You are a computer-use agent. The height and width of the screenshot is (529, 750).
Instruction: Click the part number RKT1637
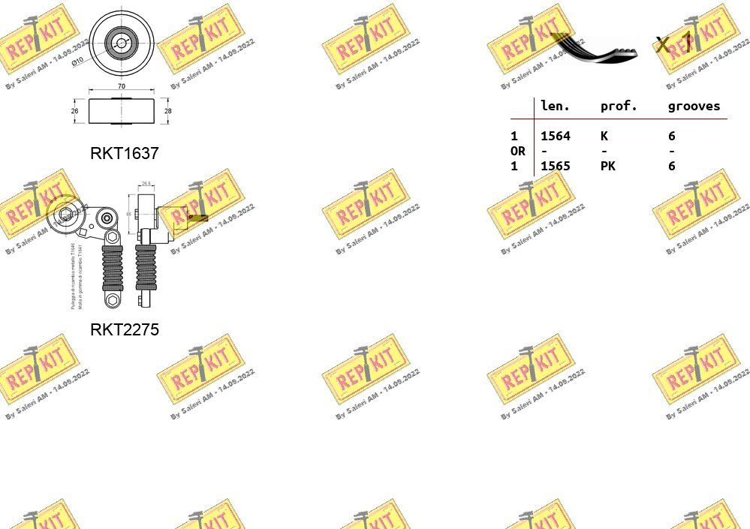125,153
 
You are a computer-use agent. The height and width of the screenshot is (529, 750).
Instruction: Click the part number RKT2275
125,329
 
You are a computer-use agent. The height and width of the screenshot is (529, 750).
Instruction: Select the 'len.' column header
555,107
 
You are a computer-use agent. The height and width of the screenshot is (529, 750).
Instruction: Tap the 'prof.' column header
619,107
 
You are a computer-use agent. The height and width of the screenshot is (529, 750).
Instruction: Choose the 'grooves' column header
694,107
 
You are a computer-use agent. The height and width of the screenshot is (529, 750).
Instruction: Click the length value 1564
556,136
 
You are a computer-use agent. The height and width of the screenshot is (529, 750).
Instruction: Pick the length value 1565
556,166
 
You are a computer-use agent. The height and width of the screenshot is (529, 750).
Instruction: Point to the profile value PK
607,166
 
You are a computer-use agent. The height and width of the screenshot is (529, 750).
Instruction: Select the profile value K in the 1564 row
604,136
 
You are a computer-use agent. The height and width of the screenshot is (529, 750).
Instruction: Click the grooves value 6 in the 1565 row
671,166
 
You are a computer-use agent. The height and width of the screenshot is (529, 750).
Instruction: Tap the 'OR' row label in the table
517,151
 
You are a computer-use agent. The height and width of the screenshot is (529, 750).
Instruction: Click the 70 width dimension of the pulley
121,87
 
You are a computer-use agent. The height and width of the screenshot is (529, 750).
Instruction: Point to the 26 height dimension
75,111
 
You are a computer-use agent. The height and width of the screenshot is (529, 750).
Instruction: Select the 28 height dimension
167,111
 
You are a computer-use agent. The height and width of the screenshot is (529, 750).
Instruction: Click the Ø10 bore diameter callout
78,62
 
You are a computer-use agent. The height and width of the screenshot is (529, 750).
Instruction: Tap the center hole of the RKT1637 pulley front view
122,42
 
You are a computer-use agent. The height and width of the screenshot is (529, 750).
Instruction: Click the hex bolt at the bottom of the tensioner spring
113,300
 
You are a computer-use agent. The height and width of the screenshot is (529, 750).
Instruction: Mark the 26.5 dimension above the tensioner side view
146,182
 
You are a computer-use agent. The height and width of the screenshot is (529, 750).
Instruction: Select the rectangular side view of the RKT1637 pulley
121,111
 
